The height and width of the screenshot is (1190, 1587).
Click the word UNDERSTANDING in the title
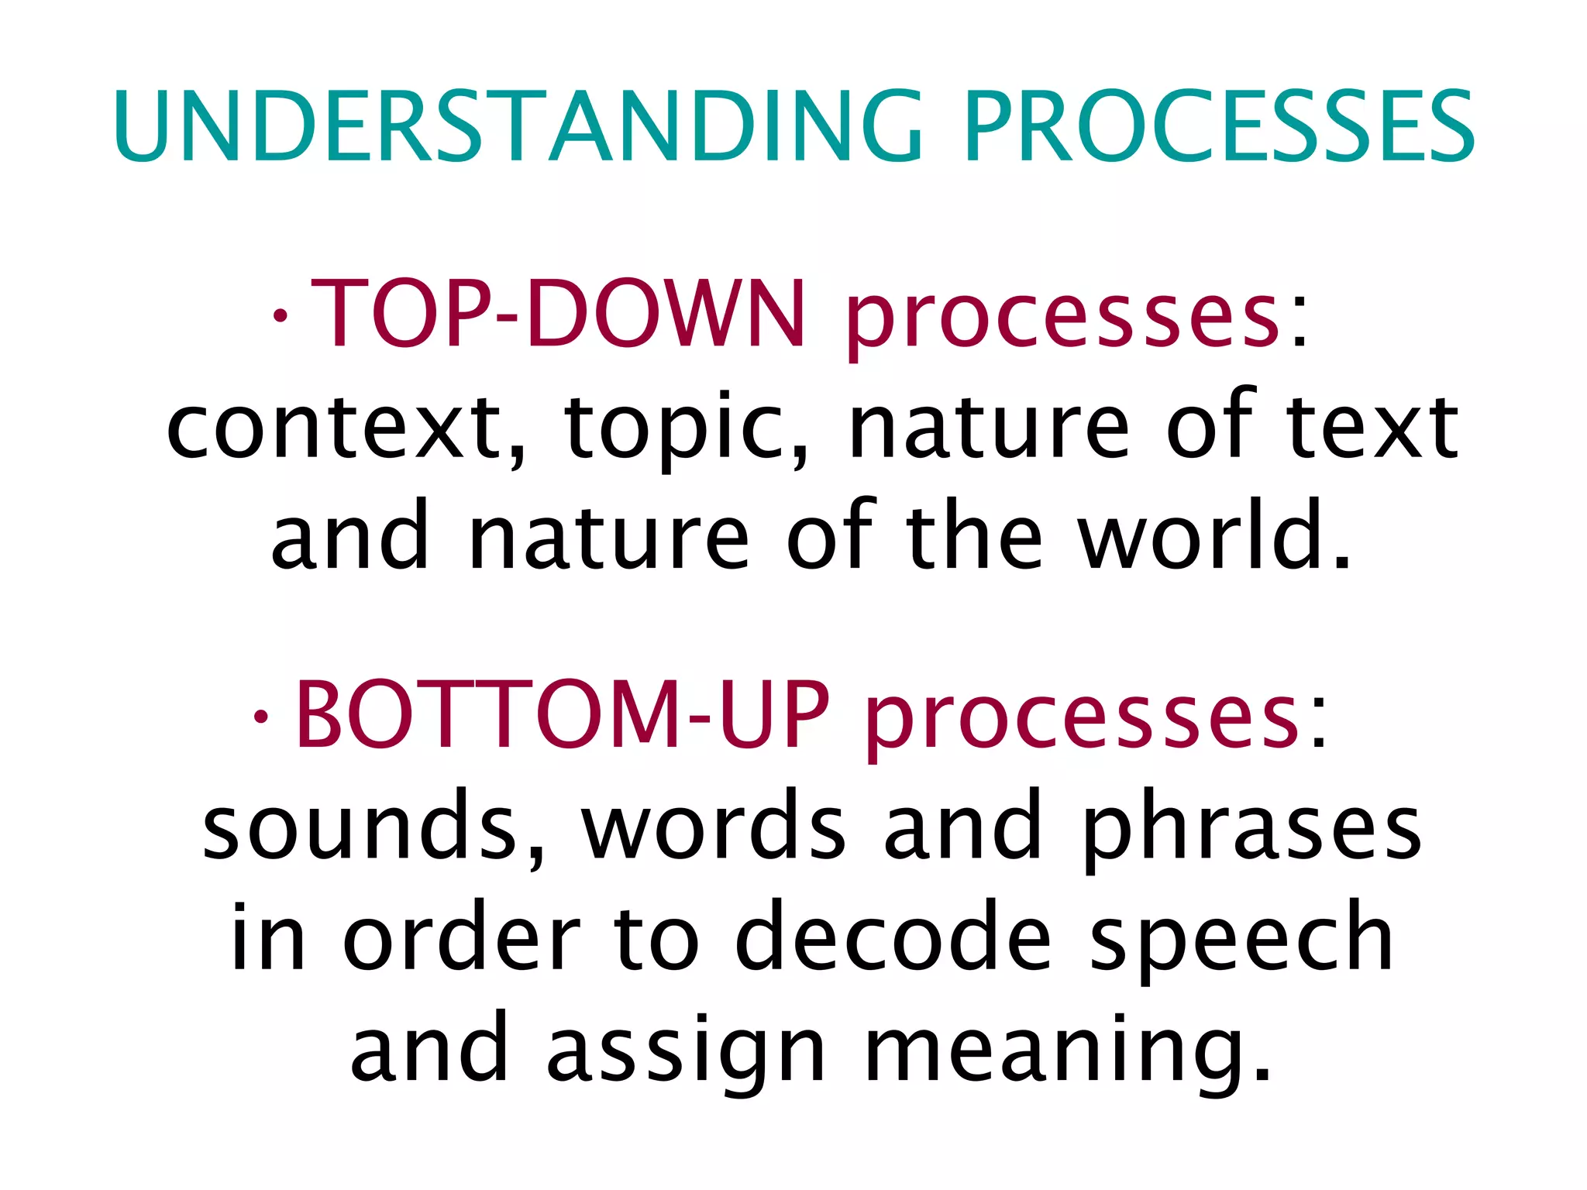pyautogui.click(x=518, y=126)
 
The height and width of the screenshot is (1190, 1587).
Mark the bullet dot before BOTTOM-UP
pyautogui.click(x=261, y=717)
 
